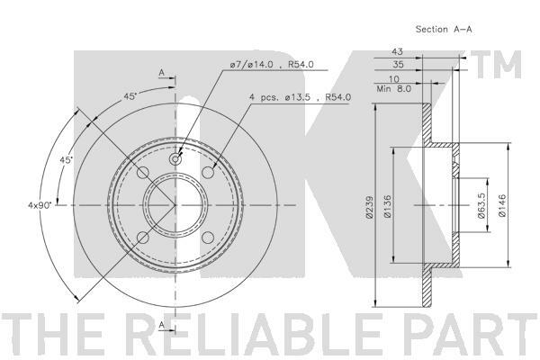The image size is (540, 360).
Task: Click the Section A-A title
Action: pos(444,30)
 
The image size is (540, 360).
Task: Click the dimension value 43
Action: pos(397,51)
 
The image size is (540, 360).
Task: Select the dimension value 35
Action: pos(398,64)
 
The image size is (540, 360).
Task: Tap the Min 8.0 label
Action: pos(394,89)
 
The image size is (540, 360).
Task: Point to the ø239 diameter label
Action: pos(369,207)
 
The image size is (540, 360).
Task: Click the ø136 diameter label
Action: pos(388,206)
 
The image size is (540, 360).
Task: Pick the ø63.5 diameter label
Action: pos(481,205)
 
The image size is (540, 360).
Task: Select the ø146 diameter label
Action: pos(502,205)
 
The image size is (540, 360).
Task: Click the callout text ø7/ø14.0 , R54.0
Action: pos(272,65)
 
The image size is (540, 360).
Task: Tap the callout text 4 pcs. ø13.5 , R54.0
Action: pos(300,97)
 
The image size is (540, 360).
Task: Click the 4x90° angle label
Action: pos(40,205)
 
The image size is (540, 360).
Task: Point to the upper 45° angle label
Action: pos(130,97)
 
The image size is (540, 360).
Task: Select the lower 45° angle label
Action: pos(67,160)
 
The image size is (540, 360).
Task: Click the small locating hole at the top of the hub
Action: pos(175,159)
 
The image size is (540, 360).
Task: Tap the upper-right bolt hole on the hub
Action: pos(208,172)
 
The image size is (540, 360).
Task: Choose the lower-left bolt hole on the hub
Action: pos(143,238)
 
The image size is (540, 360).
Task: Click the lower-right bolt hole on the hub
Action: pos(208,238)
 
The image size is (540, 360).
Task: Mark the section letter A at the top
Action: pos(161,73)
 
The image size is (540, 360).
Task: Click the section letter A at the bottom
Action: pos(161,325)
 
